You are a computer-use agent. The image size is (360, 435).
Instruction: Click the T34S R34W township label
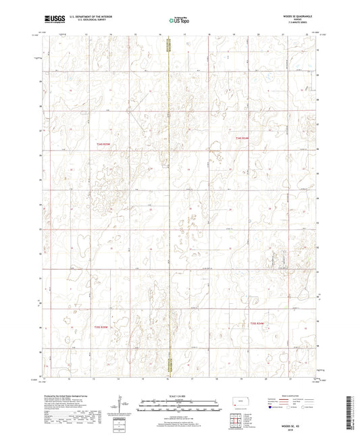242,138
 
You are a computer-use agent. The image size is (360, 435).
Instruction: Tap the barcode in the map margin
351,412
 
